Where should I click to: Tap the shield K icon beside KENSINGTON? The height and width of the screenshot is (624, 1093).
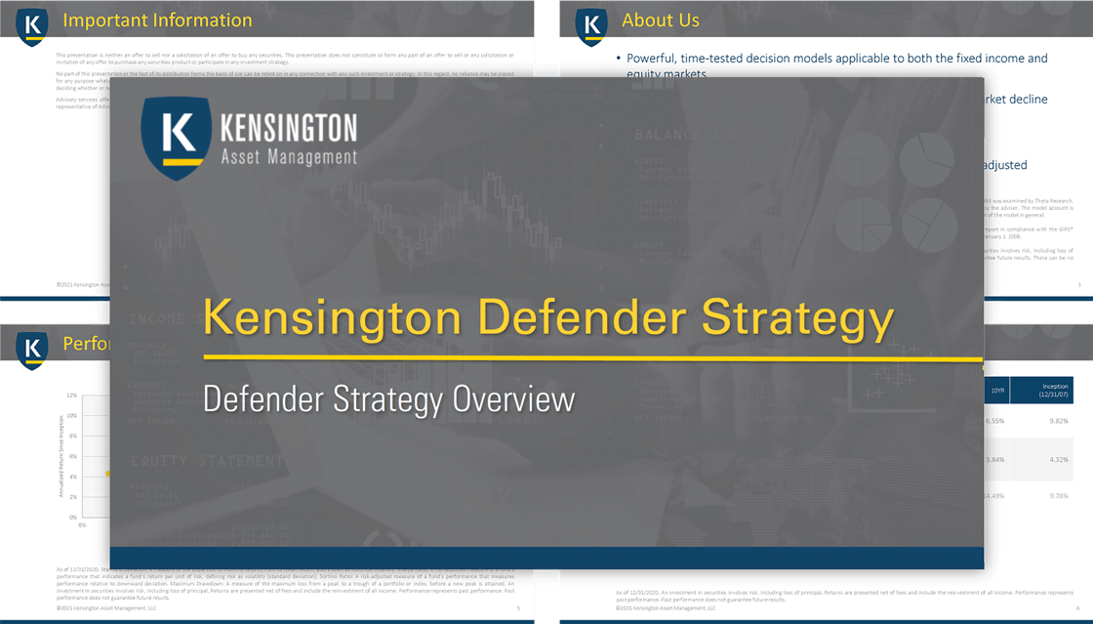pyautogui.click(x=175, y=137)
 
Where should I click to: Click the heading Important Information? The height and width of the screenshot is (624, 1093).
pyautogui.click(x=157, y=21)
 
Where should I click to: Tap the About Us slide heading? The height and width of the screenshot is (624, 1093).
pyautogui.click(x=661, y=21)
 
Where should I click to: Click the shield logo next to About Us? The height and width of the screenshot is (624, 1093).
pyautogui.click(x=591, y=26)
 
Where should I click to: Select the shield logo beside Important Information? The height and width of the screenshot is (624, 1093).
pyautogui.click(x=33, y=26)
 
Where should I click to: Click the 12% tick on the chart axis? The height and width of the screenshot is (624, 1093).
pyautogui.click(x=71, y=396)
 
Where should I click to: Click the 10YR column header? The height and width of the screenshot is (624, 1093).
pyautogui.click(x=995, y=390)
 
